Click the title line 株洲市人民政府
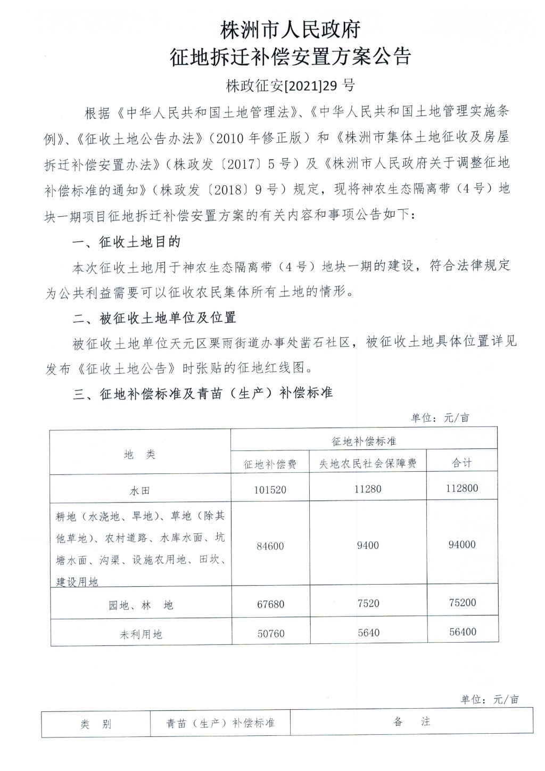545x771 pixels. coord(291,29)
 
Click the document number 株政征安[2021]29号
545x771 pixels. coord(291,85)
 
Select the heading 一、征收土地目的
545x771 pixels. coord(127,242)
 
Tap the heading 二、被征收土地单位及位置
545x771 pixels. coord(154,318)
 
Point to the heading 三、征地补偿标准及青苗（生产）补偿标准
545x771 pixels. coord(203,393)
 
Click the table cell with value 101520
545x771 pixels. coord(270,489)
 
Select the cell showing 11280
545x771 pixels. coord(368,488)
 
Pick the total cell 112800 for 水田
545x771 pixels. coord(462,488)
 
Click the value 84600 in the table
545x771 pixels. coord(270,546)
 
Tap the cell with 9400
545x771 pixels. coord(368,545)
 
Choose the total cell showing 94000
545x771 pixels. coord(462,545)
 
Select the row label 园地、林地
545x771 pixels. coord(141,605)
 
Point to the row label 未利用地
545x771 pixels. coord(141,634)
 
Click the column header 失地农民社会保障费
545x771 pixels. coord(368,464)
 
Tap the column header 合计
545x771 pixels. coord(462,463)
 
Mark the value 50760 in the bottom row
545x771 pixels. coord(270,634)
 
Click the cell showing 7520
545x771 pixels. coord(368,603)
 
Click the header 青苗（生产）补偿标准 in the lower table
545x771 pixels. coord(220,723)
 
